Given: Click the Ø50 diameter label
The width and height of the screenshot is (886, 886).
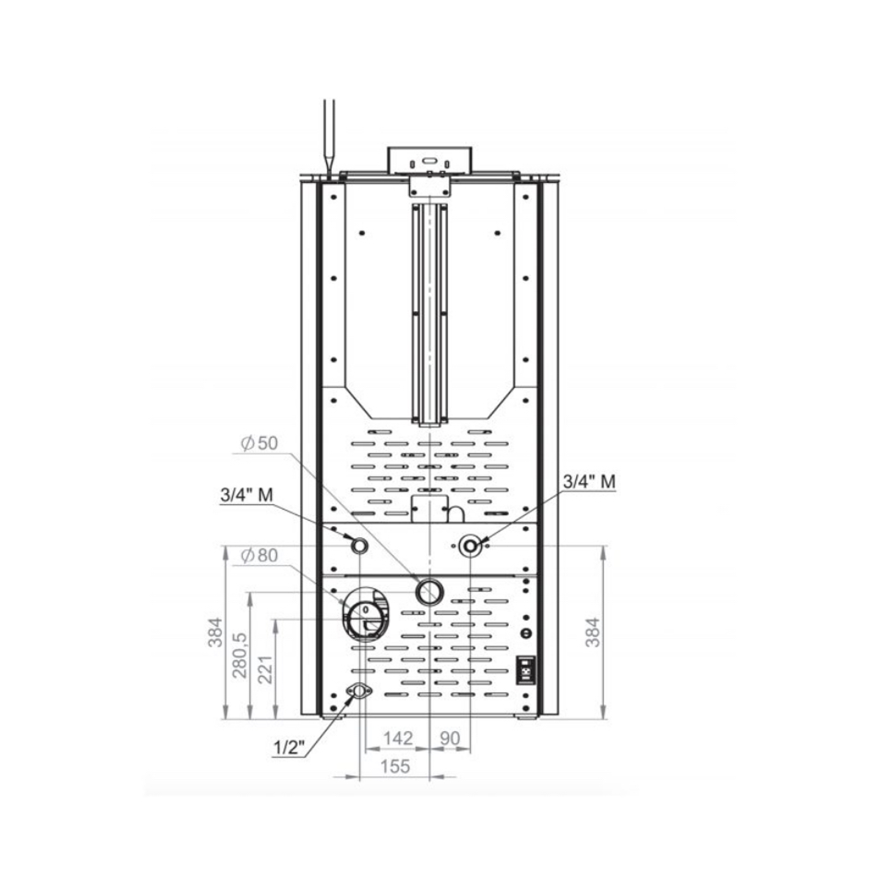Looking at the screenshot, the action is pos(259,443).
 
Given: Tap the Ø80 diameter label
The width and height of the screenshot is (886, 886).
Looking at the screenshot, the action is pos(259,555).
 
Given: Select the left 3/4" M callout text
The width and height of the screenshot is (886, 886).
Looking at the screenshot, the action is pos(247,495).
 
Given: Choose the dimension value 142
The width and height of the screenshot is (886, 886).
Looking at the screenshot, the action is pos(398,738).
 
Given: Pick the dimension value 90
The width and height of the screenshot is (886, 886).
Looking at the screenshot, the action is pos(449,738).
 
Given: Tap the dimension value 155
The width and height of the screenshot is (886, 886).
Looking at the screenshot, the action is pos(395,766).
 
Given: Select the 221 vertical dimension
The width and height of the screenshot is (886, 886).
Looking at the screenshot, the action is pos(265,669).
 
